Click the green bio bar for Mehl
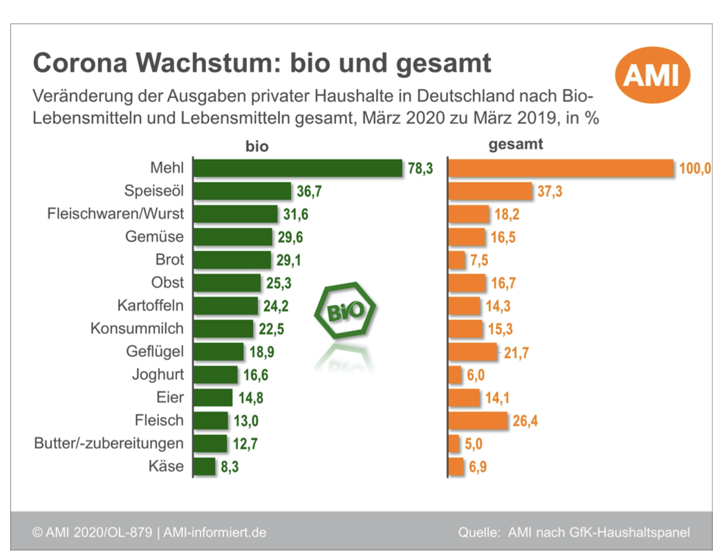click(x=297, y=169)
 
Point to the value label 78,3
click(x=420, y=169)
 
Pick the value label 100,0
click(x=694, y=169)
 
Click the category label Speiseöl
click(x=154, y=192)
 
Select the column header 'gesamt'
click(x=515, y=145)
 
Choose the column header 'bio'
click(x=257, y=147)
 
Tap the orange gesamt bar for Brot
click(x=457, y=260)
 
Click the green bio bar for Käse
click(x=205, y=466)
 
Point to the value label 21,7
click(x=516, y=352)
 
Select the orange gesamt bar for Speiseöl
click(x=490, y=192)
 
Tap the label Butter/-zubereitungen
click(x=109, y=443)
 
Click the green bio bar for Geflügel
click(x=218, y=352)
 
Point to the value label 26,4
click(x=525, y=420)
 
